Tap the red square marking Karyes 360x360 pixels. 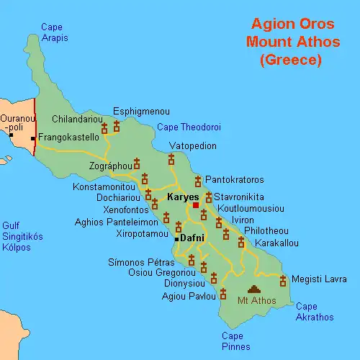195,205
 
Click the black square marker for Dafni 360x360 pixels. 176,238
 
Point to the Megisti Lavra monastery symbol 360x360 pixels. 283,279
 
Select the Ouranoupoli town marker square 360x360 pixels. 12,135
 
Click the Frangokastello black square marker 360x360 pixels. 33,137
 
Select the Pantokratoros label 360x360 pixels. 234,179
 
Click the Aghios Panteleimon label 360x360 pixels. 116,222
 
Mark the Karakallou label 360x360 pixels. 276,243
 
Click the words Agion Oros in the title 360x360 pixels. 292,26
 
